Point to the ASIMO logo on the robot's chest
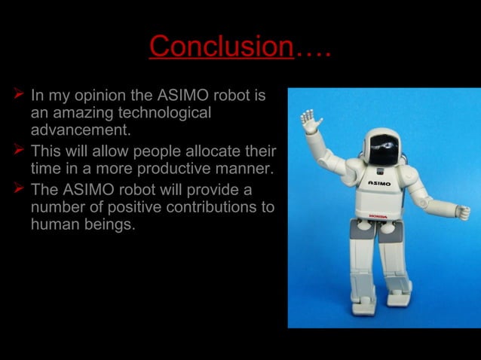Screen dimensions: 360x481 click(x=379, y=183)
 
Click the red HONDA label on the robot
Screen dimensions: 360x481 click(x=378, y=216)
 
